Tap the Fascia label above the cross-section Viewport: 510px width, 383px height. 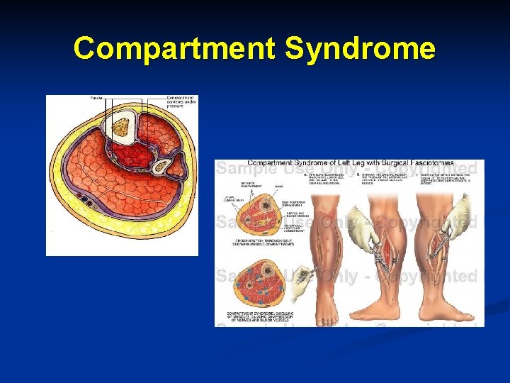96,97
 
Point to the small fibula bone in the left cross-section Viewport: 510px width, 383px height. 162,167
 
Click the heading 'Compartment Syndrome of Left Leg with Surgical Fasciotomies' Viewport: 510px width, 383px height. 350,163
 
